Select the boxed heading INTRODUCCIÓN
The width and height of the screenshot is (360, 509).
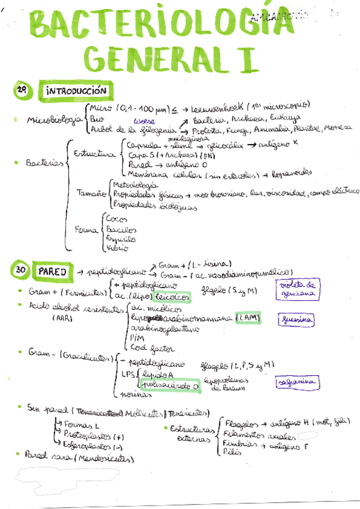[76, 91]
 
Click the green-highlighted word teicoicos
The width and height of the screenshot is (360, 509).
[172, 296]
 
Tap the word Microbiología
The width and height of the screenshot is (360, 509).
[54, 119]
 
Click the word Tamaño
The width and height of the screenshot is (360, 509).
[91, 193]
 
